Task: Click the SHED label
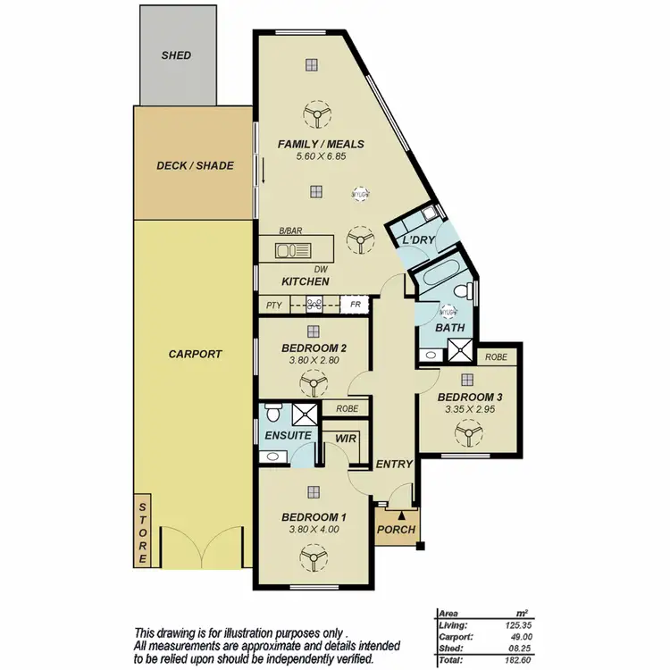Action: point(176,55)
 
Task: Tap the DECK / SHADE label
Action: point(195,165)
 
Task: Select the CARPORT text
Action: point(195,354)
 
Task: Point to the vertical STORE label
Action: point(142,534)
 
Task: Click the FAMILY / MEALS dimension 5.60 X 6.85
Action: point(320,156)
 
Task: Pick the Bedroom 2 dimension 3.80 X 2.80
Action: point(313,360)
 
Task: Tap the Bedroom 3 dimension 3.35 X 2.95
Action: point(470,409)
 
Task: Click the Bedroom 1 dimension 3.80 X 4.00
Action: point(313,529)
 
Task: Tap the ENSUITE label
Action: point(288,435)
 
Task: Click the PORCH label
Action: point(396,530)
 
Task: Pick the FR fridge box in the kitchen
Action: point(355,305)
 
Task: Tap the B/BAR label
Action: point(290,230)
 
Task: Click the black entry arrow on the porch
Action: point(402,514)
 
